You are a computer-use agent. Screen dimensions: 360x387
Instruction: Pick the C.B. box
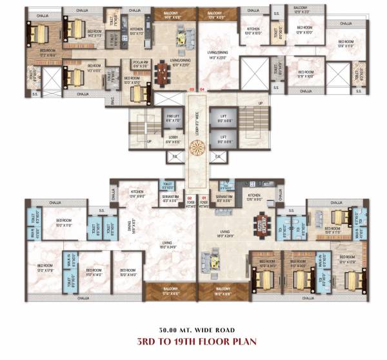coord(217,157)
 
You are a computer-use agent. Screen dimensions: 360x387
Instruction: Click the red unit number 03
coord(191,89)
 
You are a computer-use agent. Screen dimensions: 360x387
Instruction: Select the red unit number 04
coord(202,89)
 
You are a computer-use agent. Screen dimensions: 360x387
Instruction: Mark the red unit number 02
coord(190,197)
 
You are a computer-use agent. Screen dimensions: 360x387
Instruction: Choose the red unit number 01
coord(204,197)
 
